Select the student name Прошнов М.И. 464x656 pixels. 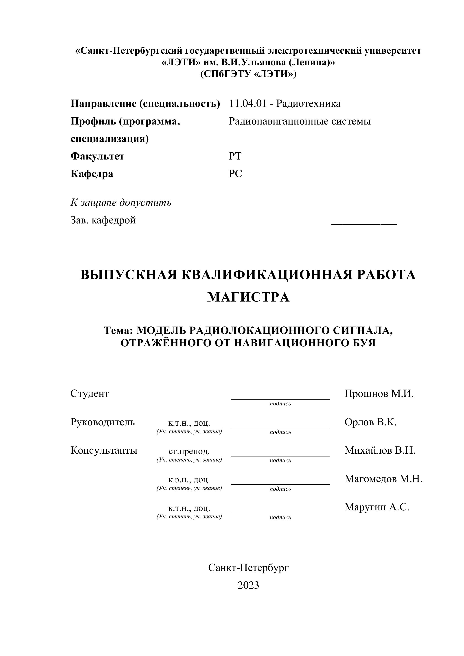click(379, 394)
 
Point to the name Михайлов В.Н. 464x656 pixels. click(380, 450)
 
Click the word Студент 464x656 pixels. click(90, 394)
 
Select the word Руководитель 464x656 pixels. click(102, 422)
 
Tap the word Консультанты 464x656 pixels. click(104, 450)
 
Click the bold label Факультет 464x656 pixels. click(97, 156)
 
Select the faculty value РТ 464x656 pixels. click(235, 156)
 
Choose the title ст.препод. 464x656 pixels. click(189, 451)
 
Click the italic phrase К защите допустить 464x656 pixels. click(121, 203)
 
